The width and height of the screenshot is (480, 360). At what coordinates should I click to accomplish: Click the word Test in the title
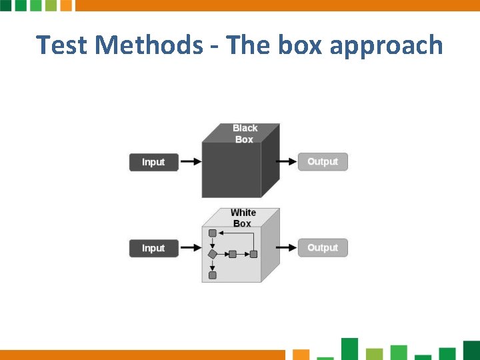(x=62, y=45)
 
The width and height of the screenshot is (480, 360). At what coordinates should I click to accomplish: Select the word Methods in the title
(x=149, y=45)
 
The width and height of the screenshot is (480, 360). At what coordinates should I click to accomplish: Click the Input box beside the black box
(x=153, y=162)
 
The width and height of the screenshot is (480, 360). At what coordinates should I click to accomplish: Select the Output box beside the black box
(x=323, y=161)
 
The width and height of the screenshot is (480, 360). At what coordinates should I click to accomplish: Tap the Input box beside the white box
(x=153, y=248)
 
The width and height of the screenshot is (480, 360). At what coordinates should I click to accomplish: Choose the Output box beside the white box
(x=323, y=247)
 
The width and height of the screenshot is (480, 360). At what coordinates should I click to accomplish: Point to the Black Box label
(x=245, y=133)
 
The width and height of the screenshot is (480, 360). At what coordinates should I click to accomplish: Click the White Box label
(x=243, y=218)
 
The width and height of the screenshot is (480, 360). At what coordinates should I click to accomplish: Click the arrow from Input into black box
(x=191, y=162)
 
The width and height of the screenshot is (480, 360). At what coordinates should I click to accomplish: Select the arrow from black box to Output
(x=286, y=161)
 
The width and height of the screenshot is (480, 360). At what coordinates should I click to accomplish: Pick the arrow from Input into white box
(x=191, y=248)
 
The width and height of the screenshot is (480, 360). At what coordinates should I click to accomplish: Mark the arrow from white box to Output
(x=286, y=247)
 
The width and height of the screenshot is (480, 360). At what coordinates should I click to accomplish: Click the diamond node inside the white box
(x=213, y=254)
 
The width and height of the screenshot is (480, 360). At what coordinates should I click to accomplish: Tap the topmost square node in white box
(x=213, y=233)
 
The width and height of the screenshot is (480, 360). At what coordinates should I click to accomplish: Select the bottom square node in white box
(x=213, y=275)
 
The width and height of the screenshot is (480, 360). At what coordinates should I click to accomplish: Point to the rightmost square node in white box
(x=253, y=254)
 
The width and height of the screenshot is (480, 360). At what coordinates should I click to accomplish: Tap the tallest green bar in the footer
(x=349, y=349)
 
